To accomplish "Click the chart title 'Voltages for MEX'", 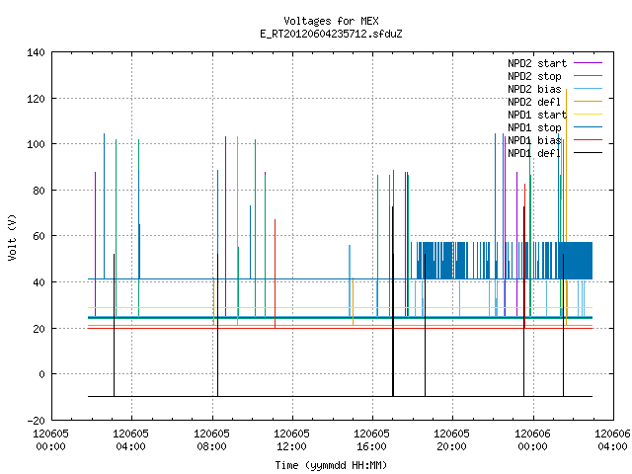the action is (331, 21).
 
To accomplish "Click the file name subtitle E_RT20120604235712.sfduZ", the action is (331, 34).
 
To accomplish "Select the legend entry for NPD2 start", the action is (555, 63).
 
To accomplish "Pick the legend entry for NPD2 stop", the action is (555, 76).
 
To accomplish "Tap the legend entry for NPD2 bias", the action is (555, 89).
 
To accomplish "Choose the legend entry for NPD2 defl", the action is (555, 102).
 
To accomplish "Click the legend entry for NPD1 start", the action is (555, 115).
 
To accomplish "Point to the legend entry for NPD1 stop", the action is (555, 127).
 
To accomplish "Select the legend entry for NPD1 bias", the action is (555, 140).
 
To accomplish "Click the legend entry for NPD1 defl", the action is (555, 153).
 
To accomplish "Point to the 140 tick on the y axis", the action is (36, 52).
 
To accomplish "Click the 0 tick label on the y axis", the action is (41, 374).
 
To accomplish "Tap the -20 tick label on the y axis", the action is (36, 421).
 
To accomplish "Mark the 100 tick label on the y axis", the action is (36, 144).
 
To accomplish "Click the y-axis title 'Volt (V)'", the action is (13, 237).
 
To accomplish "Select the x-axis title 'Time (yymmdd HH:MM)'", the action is (331, 465).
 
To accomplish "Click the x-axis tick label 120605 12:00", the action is (292, 440).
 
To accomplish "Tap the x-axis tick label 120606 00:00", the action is (533, 440).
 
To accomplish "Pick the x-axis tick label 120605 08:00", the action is (211, 440).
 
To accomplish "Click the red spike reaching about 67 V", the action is (275, 274).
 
